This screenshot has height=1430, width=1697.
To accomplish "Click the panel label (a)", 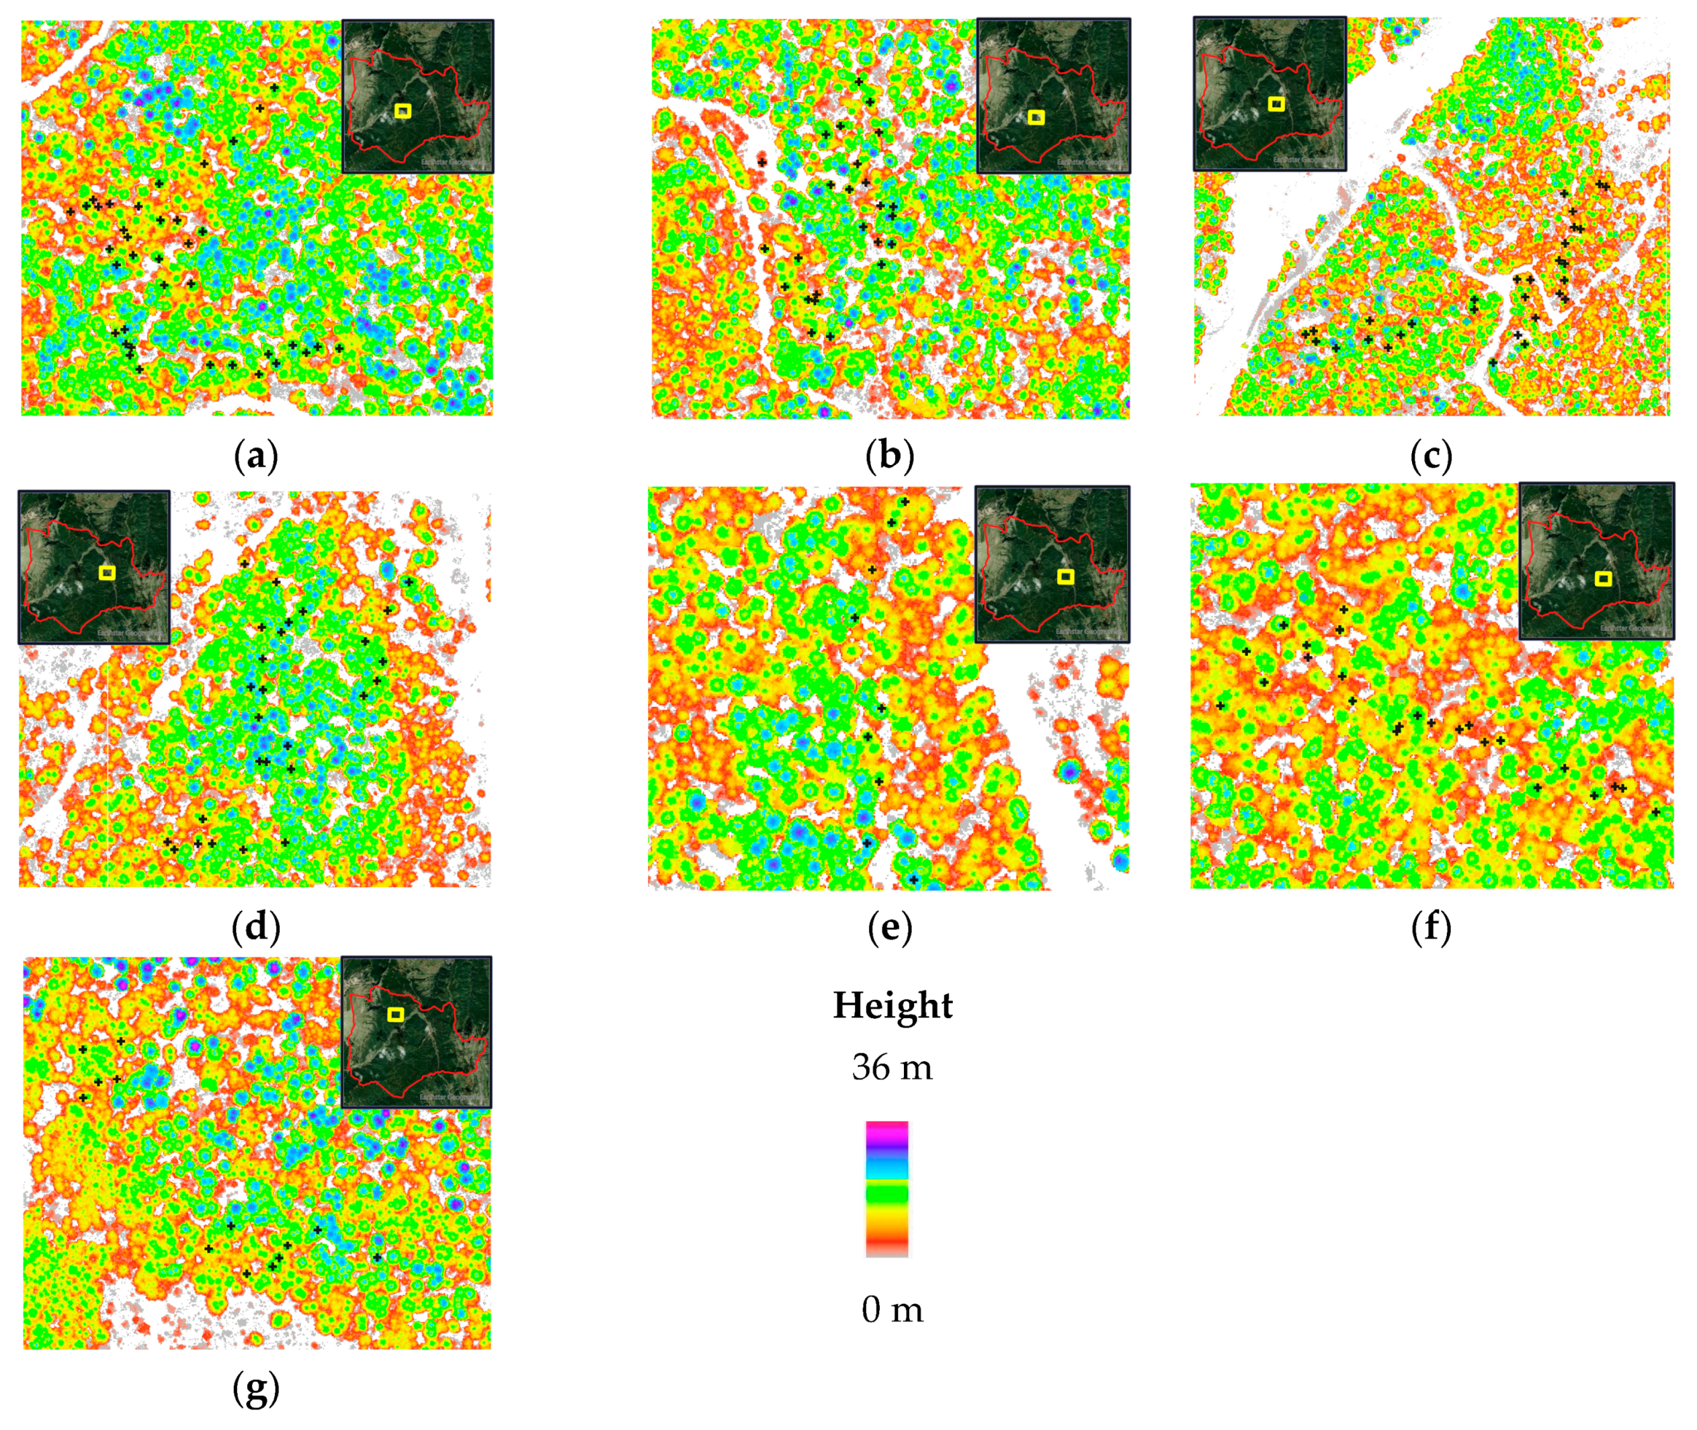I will click(x=255, y=456).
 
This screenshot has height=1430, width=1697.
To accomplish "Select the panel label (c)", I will click(x=1431, y=456).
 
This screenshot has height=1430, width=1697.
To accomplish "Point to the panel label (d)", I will click(x=255, y=927).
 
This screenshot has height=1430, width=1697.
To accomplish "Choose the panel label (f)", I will click(x=1431, y=927).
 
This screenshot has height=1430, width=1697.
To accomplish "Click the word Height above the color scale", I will click(x=893, y=1005).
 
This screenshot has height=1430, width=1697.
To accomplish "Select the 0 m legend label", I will click(x=892, y=1309).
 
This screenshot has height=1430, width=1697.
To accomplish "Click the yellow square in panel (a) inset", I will click(x=403, y=111).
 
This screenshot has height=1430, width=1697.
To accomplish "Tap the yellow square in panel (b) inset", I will click(x=1036, y=118).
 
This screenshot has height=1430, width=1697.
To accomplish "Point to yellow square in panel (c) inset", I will click(x=1276, y=103).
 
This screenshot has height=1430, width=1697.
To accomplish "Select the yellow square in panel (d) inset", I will click(x=107, y=573).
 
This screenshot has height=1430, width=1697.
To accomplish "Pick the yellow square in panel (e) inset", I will click(x=1066, y=577).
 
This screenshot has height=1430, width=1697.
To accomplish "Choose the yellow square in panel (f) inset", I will click(x=1603, y=578).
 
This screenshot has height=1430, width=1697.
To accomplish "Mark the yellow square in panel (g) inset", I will click(x=396, y=1014).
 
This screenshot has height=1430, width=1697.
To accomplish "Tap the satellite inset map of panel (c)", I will click(x=1270, y=94).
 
